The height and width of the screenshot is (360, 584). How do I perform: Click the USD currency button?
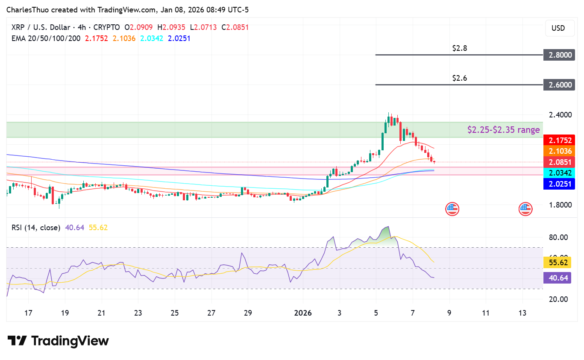click(558, 28)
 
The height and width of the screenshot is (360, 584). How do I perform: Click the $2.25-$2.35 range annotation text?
click(503, 130)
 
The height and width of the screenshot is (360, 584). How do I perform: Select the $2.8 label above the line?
click(460, 48)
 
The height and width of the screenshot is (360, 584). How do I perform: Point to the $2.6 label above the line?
click(460, 78)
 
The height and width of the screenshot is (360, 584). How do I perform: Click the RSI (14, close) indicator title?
click(36, 228)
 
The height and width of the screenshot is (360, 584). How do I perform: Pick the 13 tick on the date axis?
click(522, 313)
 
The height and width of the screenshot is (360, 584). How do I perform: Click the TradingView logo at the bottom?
click(58, 341)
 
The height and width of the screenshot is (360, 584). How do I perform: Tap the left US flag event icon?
click(452, 209)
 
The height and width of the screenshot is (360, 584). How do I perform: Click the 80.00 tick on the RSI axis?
click(558, 237)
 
